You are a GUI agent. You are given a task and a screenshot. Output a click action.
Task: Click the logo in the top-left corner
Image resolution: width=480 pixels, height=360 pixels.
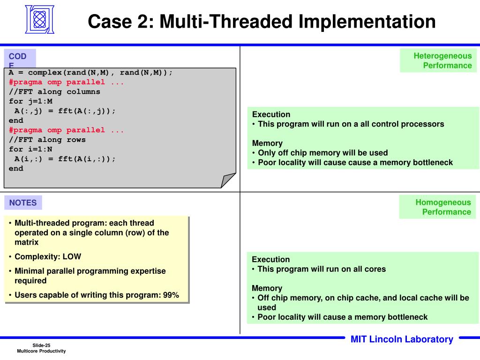[40, 19]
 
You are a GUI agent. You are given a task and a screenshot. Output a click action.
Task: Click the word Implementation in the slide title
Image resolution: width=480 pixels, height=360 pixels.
[367, 22]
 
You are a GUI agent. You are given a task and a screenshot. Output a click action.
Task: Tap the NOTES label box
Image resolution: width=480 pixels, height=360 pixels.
[23, 202]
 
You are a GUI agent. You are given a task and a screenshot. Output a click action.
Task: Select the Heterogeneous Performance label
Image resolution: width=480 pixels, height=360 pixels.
[438, 60]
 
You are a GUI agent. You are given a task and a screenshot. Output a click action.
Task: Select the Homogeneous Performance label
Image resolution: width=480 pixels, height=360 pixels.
[438, 207]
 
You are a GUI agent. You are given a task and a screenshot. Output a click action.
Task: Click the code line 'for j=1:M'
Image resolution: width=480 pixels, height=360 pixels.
[31, 101]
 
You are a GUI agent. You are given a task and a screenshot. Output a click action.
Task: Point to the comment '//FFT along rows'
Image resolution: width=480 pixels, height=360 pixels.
[47, 140]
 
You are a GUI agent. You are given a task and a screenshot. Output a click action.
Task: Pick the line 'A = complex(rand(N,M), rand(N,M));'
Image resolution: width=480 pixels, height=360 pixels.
[91, 73]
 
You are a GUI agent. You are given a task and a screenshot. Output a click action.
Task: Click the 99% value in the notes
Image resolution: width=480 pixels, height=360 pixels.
[171, 295]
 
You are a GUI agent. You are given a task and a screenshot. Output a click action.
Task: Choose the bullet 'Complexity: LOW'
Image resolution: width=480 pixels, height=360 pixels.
[47, 256]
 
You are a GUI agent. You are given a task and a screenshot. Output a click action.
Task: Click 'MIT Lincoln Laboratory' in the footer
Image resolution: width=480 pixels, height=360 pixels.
[402, 339]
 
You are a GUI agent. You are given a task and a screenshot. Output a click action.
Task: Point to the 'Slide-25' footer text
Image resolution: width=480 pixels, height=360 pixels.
[41, 345]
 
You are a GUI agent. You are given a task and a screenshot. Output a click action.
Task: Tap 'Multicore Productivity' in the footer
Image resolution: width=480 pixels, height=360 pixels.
[41, 351]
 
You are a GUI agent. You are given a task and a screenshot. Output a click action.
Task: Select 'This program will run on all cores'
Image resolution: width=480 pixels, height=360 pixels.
[322, 269]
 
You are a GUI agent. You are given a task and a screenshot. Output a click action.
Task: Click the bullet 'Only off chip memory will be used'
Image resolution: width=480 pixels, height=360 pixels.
[322, 153]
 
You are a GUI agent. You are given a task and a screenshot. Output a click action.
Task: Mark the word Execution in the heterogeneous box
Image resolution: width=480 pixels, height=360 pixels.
[271, 114]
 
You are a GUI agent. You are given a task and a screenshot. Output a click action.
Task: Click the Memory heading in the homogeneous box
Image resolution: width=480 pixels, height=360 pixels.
[267, 288]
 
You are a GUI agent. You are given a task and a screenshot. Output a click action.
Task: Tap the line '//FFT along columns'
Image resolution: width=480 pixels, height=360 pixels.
[54, 92]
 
